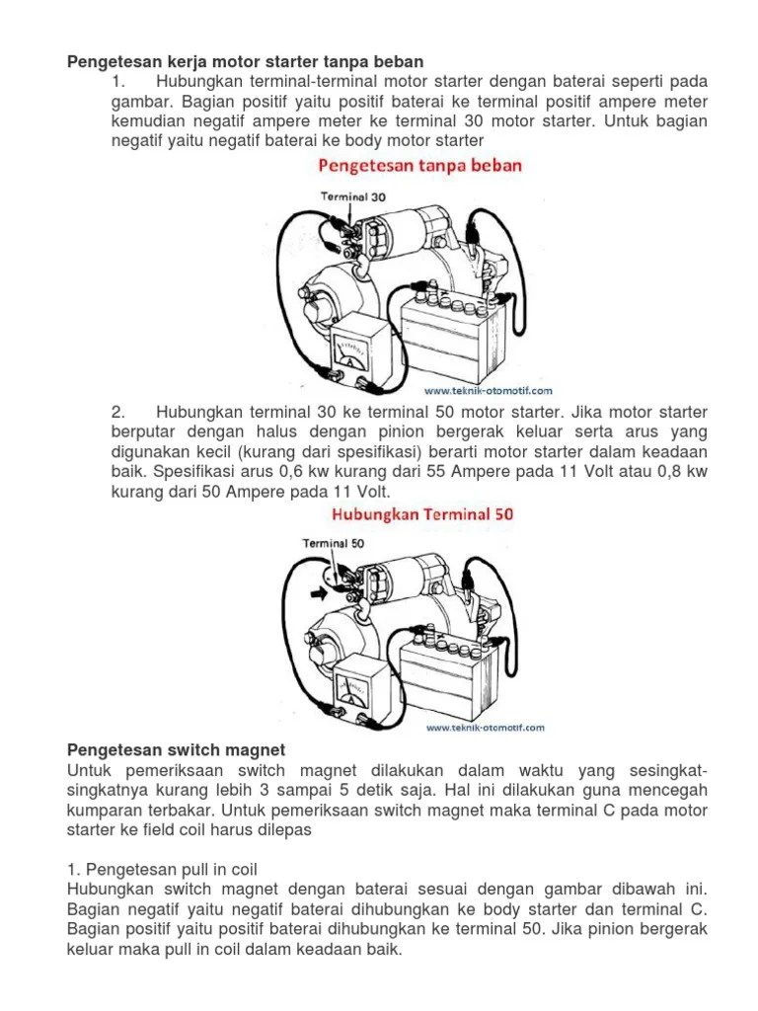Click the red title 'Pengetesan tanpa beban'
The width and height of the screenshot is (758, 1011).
tap(419, 165)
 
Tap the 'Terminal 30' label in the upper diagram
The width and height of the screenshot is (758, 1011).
tap(352, 196)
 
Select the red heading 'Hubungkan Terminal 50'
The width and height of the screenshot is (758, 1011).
tap(421, 513)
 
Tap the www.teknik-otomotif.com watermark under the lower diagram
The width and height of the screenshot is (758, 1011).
tap(484, 729)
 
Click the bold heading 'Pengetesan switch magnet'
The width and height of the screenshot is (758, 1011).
tap(176, 751)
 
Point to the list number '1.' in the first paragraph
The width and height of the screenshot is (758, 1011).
tap(120, 80)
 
